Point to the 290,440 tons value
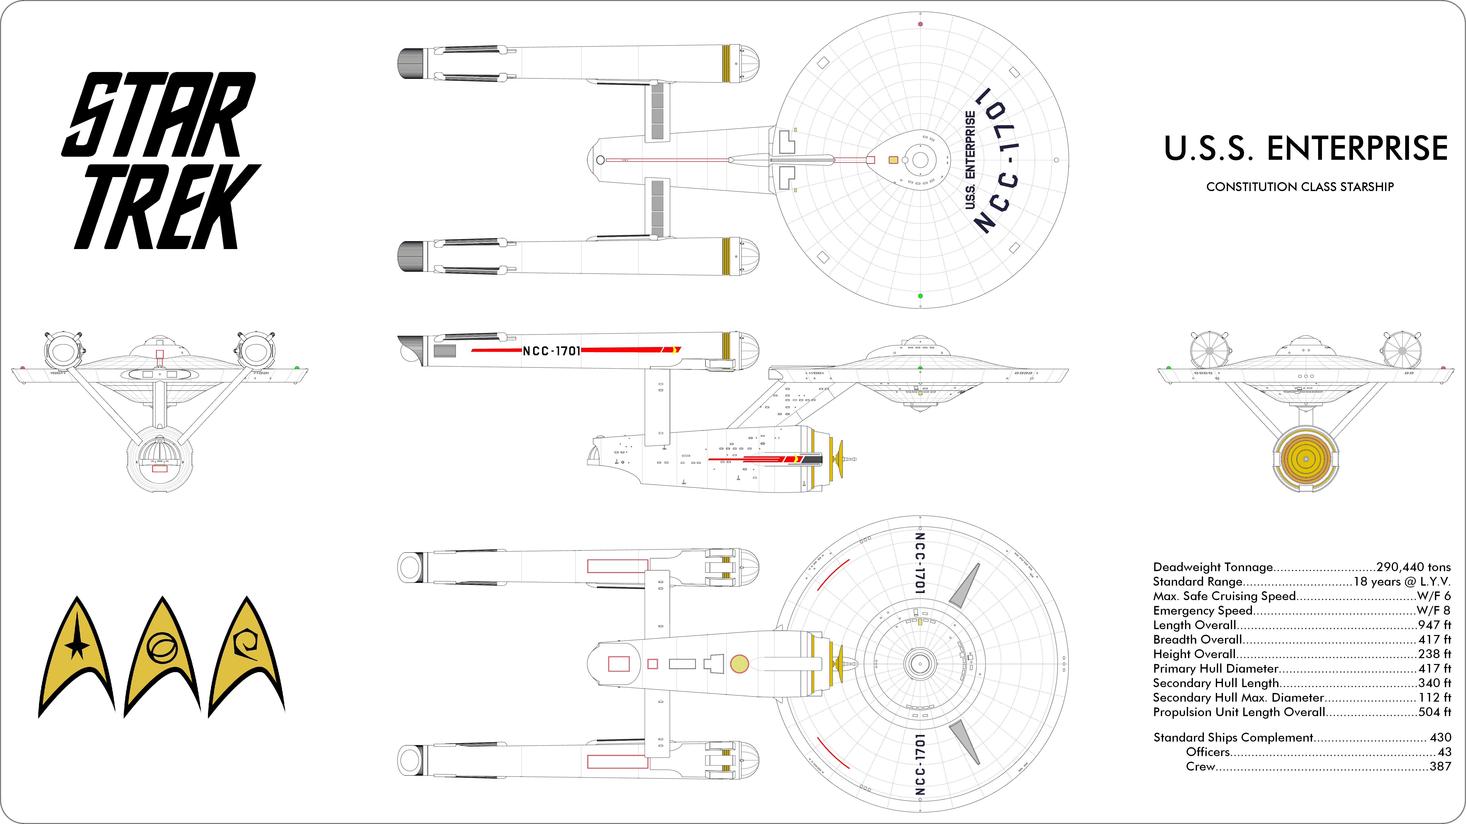(1413, 567)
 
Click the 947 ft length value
(1434, 625)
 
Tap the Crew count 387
(1440, 767)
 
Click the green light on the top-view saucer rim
(920, 296)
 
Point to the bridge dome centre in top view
(920, 160)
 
